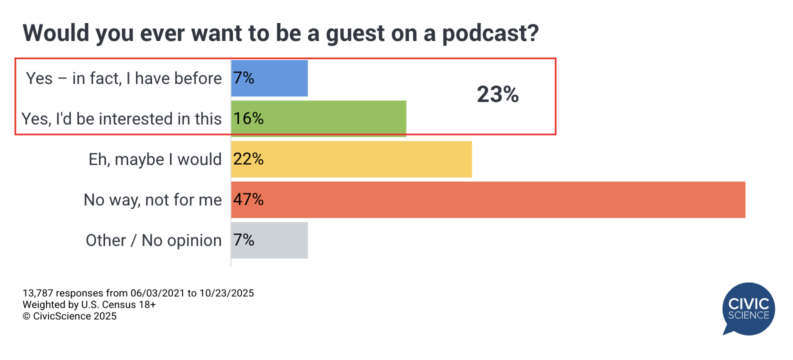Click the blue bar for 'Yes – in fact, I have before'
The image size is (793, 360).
280,78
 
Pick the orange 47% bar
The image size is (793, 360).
500,199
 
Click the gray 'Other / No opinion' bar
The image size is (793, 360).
280,240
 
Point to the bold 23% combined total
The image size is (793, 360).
497,94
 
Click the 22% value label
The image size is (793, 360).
248,159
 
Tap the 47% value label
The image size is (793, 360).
248,199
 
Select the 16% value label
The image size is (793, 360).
248,118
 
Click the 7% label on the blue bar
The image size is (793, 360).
244,78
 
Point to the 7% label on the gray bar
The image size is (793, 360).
244,240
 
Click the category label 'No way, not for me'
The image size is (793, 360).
152,200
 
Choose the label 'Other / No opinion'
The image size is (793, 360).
153,240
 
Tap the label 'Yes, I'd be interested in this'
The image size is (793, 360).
121,119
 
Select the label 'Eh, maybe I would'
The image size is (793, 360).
155,159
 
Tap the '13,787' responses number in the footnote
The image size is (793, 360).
37,293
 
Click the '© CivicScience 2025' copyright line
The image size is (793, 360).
69,316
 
